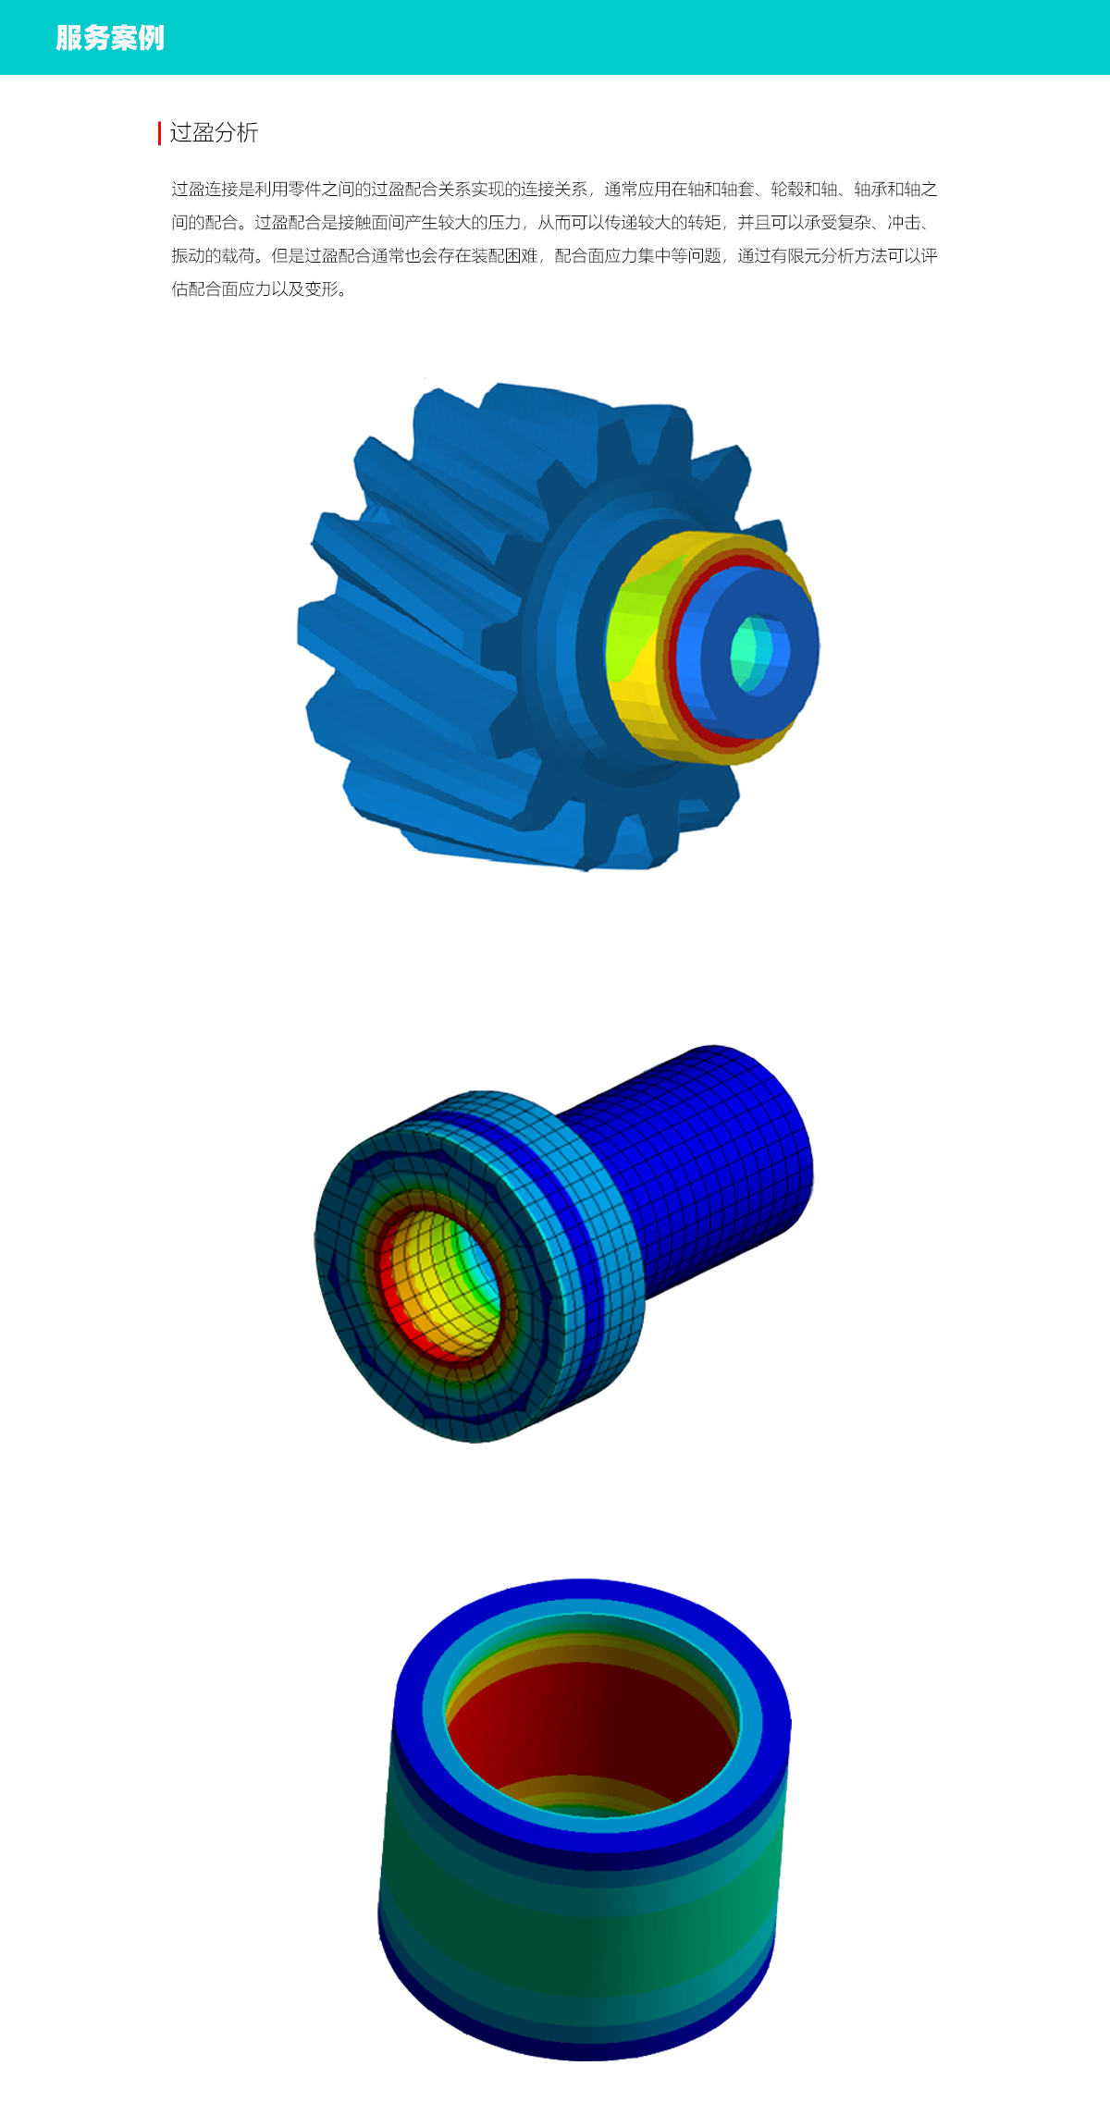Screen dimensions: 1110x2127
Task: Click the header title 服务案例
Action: pyautogui.click(x=110, y=38)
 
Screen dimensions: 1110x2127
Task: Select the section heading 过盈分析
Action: pyautogui.click(x=214, y=132)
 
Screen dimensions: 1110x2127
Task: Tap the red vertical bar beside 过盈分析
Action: pyautogui.click(x=159, y=133)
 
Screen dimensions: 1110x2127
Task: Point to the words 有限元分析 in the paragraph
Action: pyautogui.click(x=813, y=256)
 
